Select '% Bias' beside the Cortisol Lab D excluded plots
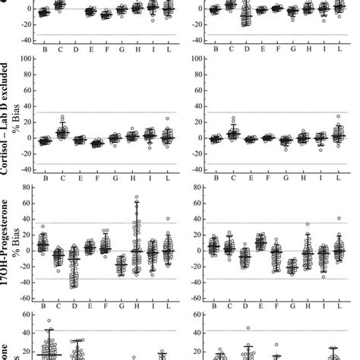click(21, 114)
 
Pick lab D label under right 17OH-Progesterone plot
click(245, 306)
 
